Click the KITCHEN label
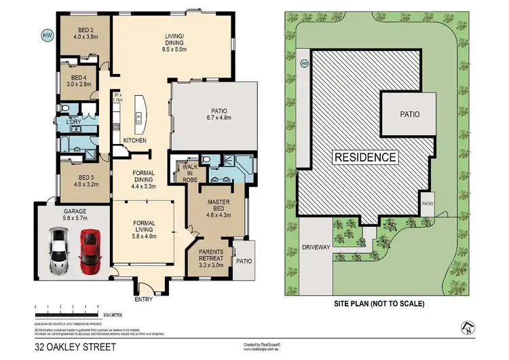coord(134,141)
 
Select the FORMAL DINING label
coord(143,178)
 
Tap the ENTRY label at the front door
coord(144,298)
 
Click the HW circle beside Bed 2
coord(47,35)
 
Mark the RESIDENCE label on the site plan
coord(364,157)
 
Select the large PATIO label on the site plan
coord(408,115)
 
